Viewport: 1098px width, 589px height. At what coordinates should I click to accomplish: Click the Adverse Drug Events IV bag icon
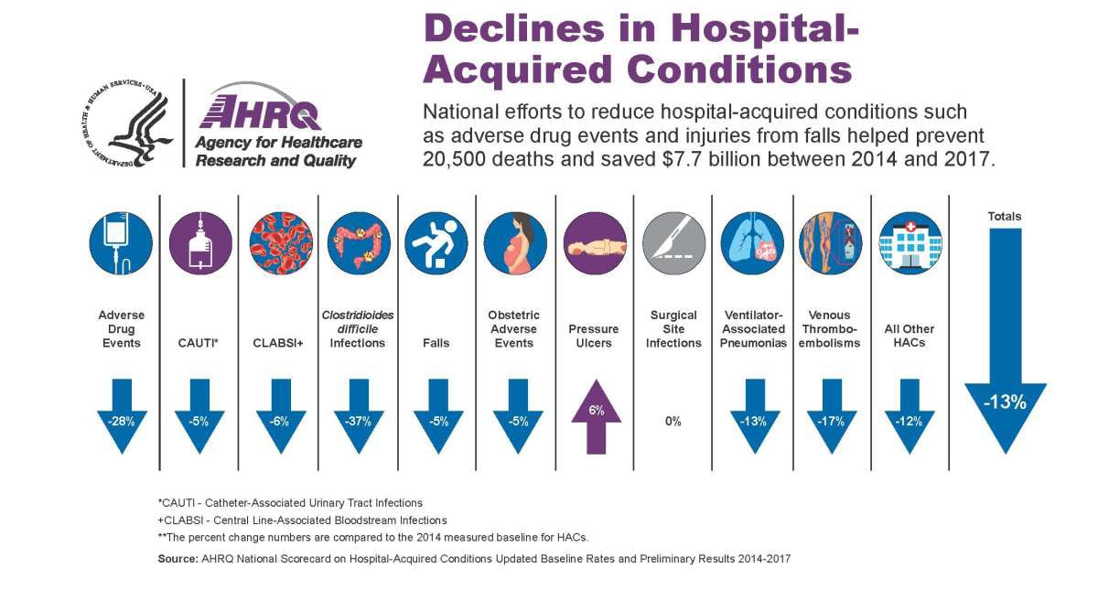(122, 244)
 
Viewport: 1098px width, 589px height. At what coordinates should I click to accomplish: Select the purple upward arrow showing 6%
(596, 416)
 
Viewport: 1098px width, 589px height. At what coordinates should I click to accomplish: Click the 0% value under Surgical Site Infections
(673, 422)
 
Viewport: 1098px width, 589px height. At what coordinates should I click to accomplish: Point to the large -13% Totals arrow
(1006, 366)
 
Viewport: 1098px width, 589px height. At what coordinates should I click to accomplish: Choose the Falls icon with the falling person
(436, 244)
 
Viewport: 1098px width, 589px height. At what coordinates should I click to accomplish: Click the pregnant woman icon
(514, 244)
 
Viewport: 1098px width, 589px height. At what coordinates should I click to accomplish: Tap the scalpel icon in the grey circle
(673, 244)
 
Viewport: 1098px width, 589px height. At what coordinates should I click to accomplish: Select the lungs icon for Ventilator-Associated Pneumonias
(752, 244)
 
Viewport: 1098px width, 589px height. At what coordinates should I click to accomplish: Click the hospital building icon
(910, 244)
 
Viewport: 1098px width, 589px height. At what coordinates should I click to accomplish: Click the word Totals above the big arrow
(1004, 217)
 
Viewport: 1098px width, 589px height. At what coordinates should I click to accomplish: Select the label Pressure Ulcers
(594, 336)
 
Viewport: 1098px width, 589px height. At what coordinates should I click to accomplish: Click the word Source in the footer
(179, 557)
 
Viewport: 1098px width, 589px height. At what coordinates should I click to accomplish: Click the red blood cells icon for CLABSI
(280, 244)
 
